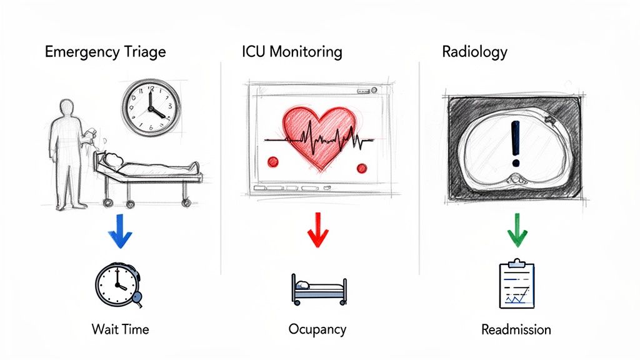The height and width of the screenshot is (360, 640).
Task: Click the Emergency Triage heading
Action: point(105,52)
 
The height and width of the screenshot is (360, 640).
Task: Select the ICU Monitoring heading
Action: point(292,52)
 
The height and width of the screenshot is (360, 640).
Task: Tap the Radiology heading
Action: point(474,52)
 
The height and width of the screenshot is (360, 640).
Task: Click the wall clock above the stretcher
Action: point(150,106)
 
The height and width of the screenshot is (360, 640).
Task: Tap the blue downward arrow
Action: point(120,231)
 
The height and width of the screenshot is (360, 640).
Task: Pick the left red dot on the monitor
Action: point(273,162)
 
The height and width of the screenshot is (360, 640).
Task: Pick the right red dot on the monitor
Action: point(361,167)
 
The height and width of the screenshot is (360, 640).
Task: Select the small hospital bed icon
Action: point(318,288)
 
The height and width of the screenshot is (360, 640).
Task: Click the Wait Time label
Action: point(120,329)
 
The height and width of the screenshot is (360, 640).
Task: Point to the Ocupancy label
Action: point(317,329)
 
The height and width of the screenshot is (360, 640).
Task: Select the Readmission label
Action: point(516,329)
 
